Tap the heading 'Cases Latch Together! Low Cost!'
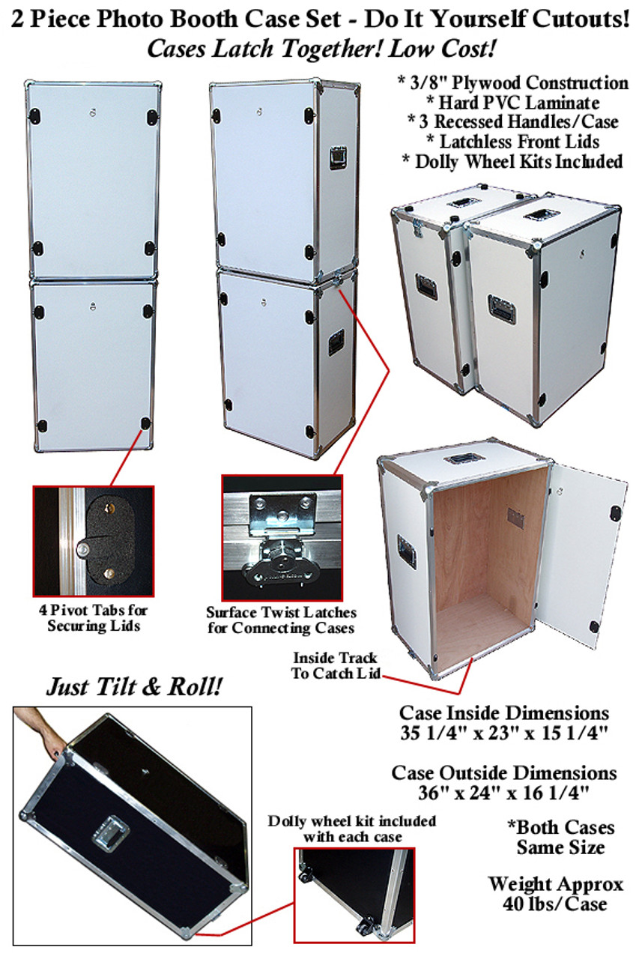coord(321,49)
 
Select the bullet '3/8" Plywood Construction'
coord(512,83)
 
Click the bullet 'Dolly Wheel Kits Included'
coord(512,162)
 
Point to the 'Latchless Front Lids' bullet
coord(512,142)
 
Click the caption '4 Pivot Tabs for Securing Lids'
coord(94,618)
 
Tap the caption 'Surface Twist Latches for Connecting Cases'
coord(281,620)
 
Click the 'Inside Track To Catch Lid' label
coord(336,665)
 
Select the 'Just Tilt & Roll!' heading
coord(134,687)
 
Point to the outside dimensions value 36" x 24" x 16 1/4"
coord(503,793)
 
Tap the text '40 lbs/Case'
coord(555,904)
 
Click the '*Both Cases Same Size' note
coord(560,837)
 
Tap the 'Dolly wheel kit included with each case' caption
coord(352,829)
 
